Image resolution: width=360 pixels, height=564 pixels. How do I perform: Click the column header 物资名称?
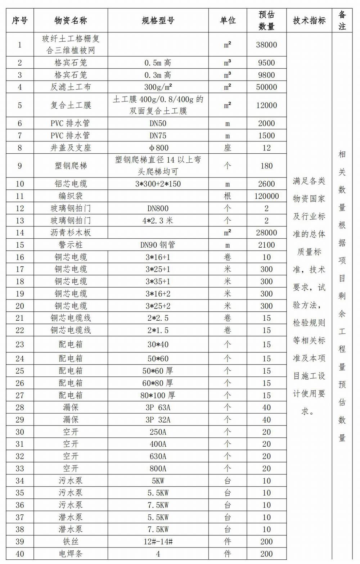coord(71,21)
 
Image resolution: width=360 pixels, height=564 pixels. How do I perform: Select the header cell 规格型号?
coord(158,21)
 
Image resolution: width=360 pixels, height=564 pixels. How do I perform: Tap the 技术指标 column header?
coord(309,21)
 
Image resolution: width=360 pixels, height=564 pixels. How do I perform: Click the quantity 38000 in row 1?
coord(266,45)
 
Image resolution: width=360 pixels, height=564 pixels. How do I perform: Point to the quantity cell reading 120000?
coord(266,196)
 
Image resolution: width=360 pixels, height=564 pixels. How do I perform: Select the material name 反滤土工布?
coord(71,87)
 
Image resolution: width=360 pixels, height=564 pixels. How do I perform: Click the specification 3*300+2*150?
coord(158,184)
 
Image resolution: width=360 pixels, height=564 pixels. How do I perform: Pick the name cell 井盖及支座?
coord(71,148)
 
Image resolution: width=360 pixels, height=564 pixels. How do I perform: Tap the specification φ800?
coord(158,148)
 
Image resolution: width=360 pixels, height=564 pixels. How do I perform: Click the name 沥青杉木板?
coord(71,233)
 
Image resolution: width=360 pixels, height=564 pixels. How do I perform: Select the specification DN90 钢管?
coord(158,245)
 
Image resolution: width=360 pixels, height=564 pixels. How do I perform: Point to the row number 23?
coord(20,344)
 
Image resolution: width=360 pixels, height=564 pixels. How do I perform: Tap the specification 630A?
coord(158,456)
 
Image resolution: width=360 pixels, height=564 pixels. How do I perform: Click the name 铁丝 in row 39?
coord(71,542)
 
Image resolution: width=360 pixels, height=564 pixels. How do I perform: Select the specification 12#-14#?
coord(158,542)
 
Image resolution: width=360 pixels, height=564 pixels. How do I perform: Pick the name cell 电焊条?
coord(71,554)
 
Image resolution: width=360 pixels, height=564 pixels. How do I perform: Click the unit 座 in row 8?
coord(228,148)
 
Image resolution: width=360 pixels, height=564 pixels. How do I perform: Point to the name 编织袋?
coord(71,196)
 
